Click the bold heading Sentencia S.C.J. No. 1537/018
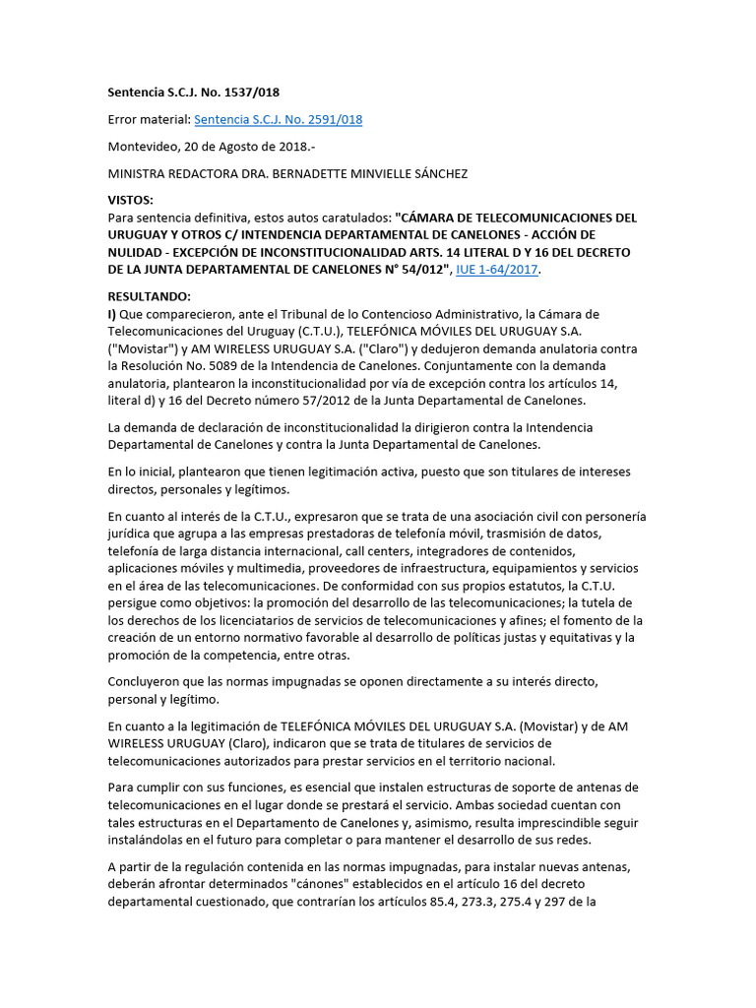point(193,93)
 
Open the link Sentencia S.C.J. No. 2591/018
point(279,120)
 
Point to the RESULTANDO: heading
point(149,296)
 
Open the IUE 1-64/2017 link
point(496,270)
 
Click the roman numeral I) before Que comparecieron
point(112,314)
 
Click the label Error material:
point(150,120)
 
